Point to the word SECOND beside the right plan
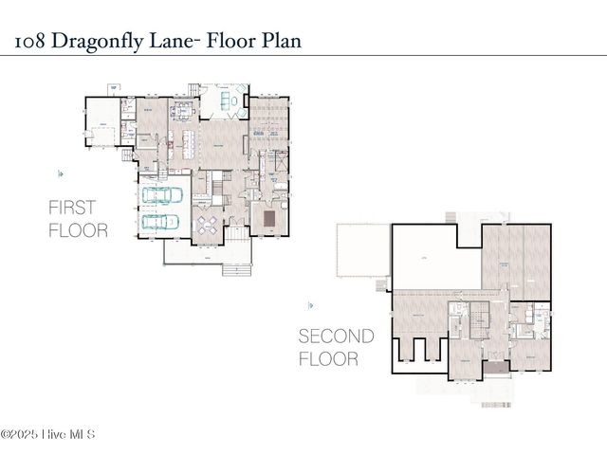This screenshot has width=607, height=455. pos(336,337)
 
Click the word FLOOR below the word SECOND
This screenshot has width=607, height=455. pos(329,359)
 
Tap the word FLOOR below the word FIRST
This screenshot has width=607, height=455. pos(78,231)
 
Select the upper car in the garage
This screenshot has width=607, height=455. pos(162,195)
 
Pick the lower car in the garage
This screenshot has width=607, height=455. pos(162,223)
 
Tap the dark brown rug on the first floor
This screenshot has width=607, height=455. pos(269,219)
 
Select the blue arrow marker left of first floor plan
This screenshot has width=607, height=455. pos(61,173)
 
